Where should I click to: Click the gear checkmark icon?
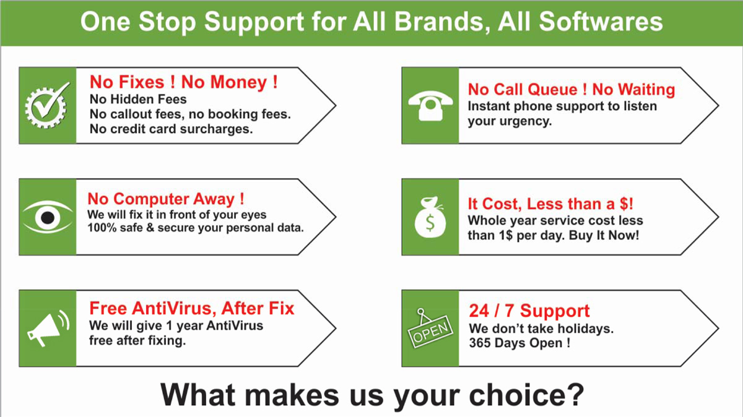[x=46, y=105]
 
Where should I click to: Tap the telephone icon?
[x=430, y=106]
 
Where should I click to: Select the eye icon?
[x=48, y=217]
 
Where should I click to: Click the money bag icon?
[x=430, y=217]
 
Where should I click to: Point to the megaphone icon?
[x=48, y=328]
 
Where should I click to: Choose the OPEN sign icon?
[x=430, y=329]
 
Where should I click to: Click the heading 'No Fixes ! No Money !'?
[x=183, y=82]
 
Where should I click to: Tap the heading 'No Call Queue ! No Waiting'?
[x=571, y=90]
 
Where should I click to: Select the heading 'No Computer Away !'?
[x=166, y=199]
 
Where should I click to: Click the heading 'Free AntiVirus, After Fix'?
[x=192, y=308]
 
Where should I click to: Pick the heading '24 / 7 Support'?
[x=529, y=311]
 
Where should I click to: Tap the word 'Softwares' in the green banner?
[x=601, y=22]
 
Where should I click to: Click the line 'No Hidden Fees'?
[x=138, y=99]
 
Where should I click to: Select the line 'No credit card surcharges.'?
[x=171, y=129]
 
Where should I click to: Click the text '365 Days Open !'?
[x=519, y=343]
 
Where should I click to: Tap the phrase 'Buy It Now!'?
[x=604, y=235]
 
